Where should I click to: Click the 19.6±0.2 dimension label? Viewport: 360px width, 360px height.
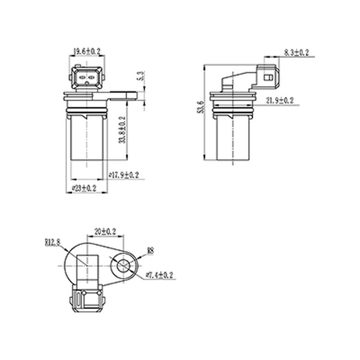pos(87,51)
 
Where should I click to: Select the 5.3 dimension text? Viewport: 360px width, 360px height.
pos(141,76)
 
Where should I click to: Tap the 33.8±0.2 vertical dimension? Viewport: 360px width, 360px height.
pos(122,130)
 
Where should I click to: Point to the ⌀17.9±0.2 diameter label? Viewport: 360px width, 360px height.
pos(124,175)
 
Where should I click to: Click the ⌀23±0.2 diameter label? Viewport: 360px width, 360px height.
pos(84,189)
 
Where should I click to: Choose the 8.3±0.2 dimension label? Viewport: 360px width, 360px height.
pos(297,53)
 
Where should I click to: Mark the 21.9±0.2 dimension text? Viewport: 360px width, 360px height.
pos(279,100)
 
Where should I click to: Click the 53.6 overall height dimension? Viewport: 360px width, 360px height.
pos(200,107)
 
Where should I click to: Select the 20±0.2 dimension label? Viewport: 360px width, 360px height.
pos(105,231)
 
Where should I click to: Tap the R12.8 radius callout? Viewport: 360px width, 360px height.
pos(52,242)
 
